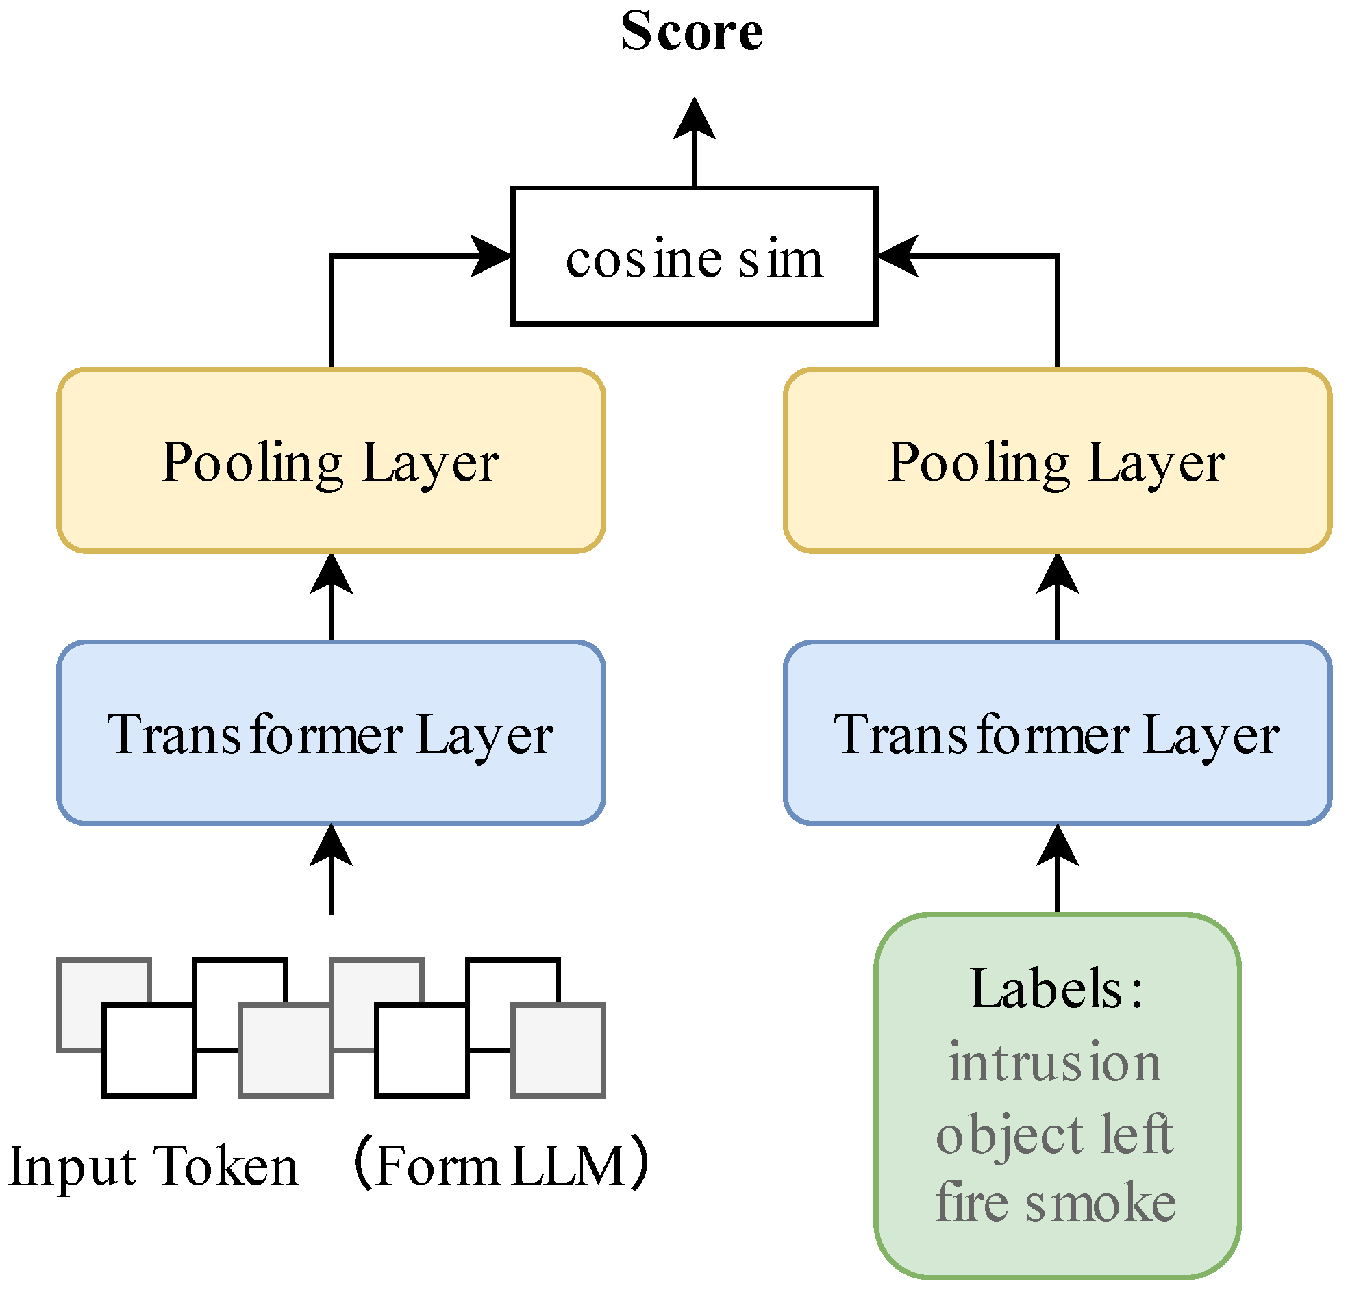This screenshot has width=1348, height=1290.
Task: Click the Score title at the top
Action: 692,31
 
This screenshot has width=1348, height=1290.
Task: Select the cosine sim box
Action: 694,255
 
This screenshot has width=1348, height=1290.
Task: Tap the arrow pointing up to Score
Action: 695,141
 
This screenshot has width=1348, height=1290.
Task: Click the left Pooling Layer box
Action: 331,461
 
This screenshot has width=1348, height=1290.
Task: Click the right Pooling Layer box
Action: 1057,461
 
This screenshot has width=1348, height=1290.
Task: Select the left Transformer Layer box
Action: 331,733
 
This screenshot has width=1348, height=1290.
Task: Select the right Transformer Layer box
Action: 1057,733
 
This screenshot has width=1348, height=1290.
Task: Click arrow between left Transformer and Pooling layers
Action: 332,597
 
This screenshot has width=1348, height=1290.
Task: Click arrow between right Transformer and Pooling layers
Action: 1057,597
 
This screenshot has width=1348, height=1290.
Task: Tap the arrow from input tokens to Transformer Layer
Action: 332,870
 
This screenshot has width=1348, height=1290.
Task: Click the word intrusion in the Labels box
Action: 1055,1063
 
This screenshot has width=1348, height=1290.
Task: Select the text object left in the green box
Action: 1055,1135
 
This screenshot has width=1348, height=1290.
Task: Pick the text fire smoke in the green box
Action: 1055,1203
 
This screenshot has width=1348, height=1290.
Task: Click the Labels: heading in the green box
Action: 1056,989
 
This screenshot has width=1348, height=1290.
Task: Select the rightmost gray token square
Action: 558,1050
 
